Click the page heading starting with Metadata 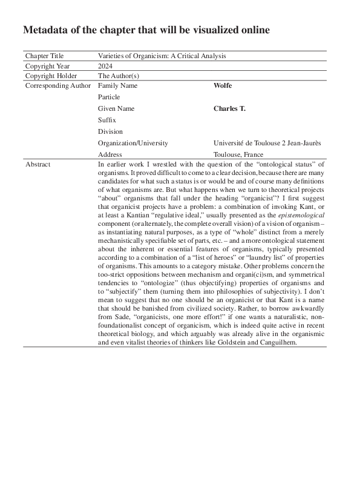146,30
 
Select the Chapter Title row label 44,56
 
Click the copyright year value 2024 105,66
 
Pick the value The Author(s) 119,76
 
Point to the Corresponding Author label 58,86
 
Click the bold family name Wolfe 223,86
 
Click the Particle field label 109,97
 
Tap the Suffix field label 106,120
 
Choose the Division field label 110,131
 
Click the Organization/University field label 133,143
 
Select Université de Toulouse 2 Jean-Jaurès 267,143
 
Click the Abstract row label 38,165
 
